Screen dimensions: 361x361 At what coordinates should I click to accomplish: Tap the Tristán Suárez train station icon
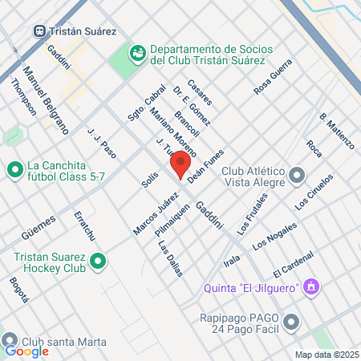(39, 30)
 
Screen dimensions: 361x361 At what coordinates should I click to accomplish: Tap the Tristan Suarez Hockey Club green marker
(98, 262)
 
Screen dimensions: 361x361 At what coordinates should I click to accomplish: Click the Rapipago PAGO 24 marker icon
(290, 322)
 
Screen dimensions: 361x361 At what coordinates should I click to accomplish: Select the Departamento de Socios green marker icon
(137, 54)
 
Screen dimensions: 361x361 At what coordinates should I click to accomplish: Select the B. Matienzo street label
(336, 131)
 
